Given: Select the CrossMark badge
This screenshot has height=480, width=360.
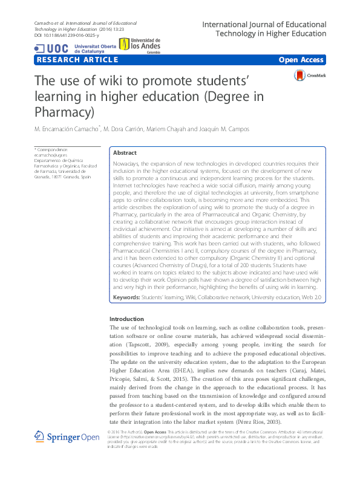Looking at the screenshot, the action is point(310,76).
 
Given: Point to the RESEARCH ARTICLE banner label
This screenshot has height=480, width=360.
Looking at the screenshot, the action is point(77,60).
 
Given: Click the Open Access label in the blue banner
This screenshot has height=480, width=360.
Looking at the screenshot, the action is point(301,60).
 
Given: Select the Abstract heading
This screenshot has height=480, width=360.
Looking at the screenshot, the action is point(125,153).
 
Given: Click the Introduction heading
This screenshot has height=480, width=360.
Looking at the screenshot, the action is point(127,319).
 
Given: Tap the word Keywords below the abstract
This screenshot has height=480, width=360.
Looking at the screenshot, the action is point(126,298).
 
